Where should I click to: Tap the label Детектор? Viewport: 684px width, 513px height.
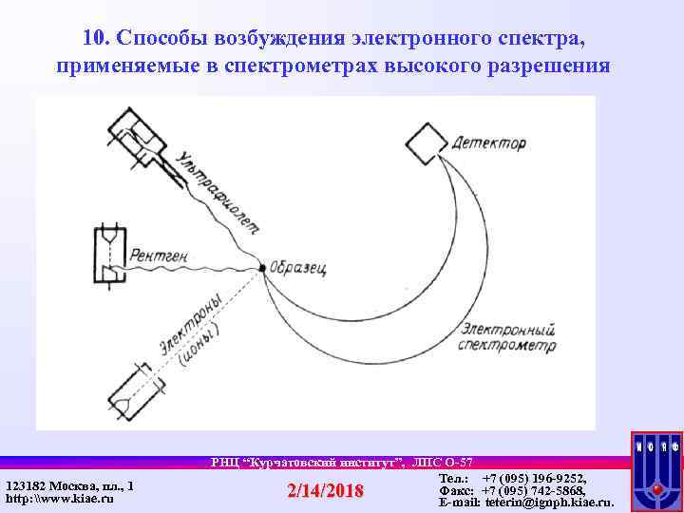coord(490,144)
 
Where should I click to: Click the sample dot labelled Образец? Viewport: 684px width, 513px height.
coord(262,268)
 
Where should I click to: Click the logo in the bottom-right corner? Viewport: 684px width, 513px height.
coord(655,471)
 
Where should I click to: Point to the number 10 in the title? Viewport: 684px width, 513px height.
coord(93,38)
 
